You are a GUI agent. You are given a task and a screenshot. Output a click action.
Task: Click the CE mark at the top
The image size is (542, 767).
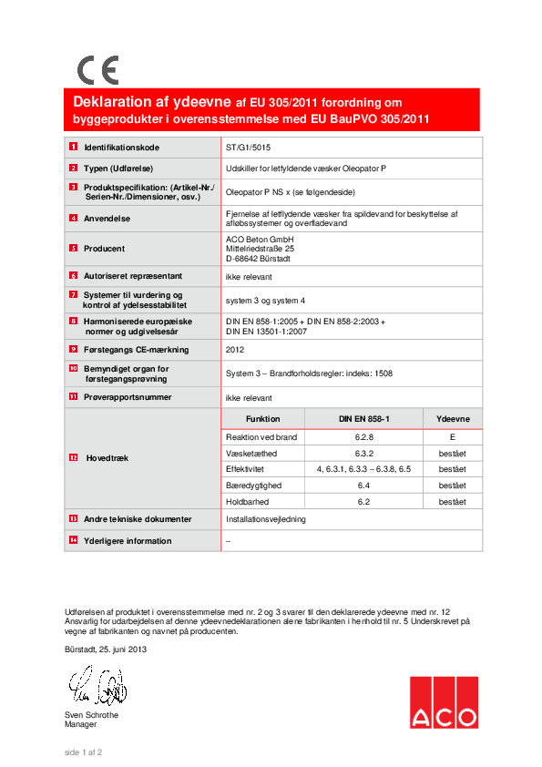click(97, 70)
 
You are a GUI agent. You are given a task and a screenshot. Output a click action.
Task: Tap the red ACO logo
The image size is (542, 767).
click(443, 702)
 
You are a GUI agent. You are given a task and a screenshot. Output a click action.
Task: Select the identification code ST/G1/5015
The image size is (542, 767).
click(248, 147)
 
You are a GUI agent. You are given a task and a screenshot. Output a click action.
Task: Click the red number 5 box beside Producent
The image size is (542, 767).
click(73, 248)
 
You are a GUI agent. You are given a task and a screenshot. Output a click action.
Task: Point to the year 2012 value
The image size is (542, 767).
click(235, 349)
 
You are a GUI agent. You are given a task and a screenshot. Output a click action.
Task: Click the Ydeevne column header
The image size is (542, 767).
click(452, 418)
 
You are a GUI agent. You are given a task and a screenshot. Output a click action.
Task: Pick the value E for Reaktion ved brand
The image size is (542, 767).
click(452, 437)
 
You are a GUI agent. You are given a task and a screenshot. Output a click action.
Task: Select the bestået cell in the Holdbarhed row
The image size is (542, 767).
click(452, 502)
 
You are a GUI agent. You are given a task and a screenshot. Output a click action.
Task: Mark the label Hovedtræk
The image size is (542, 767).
click(107, 458)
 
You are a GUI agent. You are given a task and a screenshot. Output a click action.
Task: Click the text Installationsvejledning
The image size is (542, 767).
click(266, 519)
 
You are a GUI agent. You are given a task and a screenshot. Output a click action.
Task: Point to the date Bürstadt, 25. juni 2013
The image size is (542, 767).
click(106, 649)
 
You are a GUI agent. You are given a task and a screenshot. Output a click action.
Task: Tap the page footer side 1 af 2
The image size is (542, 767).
click(83, 752)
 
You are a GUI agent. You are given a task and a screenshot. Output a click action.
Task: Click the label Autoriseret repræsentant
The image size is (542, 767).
click(133, 275)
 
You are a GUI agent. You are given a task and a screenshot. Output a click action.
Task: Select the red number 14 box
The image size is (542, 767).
click(73, 540)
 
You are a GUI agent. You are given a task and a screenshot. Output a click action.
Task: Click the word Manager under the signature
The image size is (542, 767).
click(80, 724)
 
